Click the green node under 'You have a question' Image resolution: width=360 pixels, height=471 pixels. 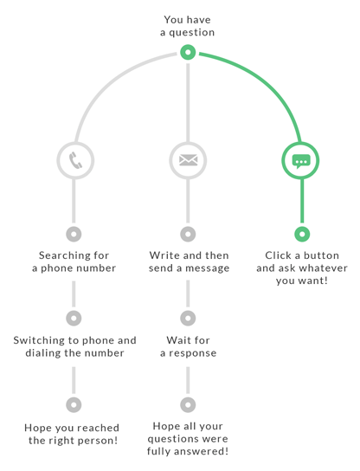pos(188,52)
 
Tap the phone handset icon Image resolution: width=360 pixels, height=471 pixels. pos(75,160)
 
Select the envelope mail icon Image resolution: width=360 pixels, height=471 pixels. pos(189,160)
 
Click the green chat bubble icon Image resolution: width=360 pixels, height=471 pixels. pos(301,161)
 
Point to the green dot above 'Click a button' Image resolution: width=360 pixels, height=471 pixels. pos(302,234)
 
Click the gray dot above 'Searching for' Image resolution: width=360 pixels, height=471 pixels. pos(74,234)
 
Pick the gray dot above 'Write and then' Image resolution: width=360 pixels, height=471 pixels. pos(188,234)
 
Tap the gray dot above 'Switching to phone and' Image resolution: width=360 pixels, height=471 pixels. pos(74,318)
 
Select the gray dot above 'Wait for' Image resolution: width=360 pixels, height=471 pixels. pos(188,318)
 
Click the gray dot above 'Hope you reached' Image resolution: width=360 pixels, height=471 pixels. pos(74,404)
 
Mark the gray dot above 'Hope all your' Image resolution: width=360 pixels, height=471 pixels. pos(188,404)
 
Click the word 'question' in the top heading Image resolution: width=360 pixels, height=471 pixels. pos(192,33)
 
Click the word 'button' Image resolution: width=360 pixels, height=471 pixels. pos(321,255)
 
